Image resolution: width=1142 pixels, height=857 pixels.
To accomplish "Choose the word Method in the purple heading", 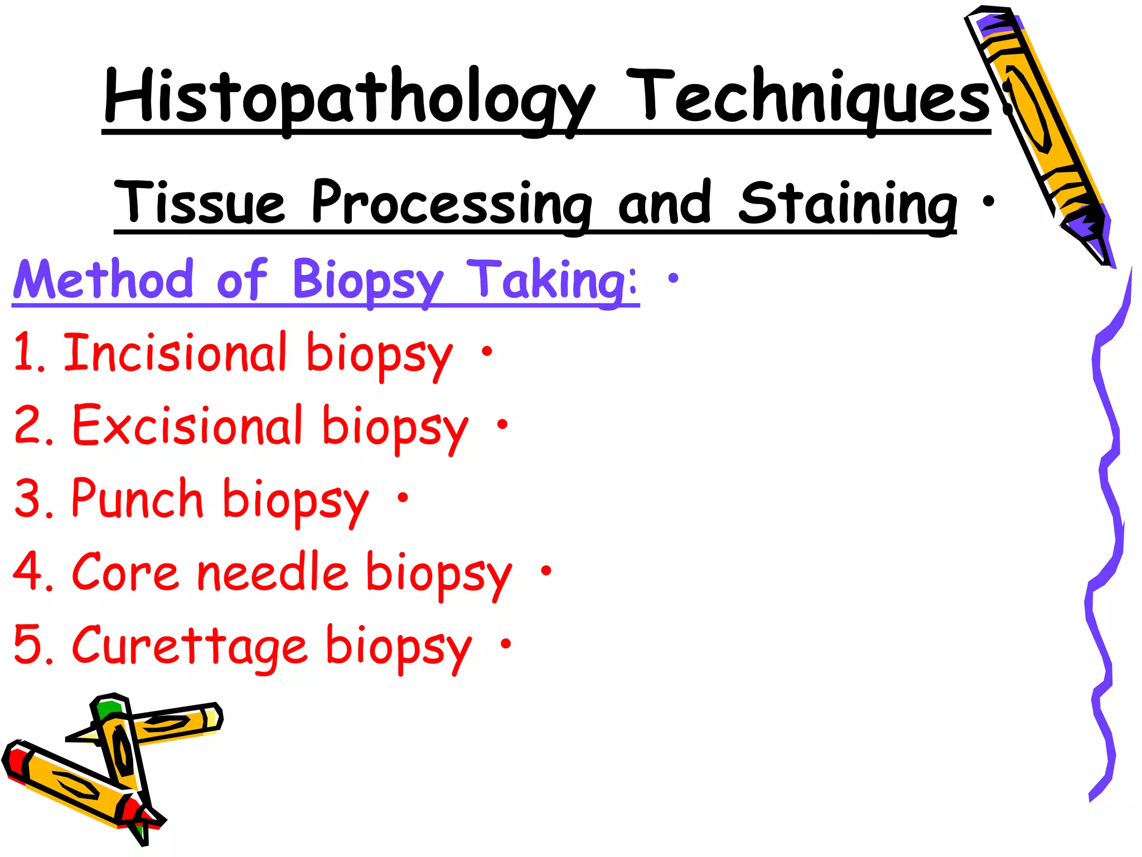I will click(104, 279).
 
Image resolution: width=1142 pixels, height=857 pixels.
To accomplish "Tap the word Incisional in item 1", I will click(175, 352).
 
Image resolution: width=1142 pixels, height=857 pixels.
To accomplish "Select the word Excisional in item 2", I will click(187, 426).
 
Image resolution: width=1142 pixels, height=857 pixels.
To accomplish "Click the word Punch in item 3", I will click(137, 498).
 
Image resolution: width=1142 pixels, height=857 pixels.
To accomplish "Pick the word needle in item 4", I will click(273, 572).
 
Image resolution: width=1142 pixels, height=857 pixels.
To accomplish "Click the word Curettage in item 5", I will click(189, 646).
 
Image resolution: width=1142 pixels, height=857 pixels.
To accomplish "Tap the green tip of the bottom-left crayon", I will click(108, 709).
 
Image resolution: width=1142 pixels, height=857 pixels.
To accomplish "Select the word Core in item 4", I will click(125, 572).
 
